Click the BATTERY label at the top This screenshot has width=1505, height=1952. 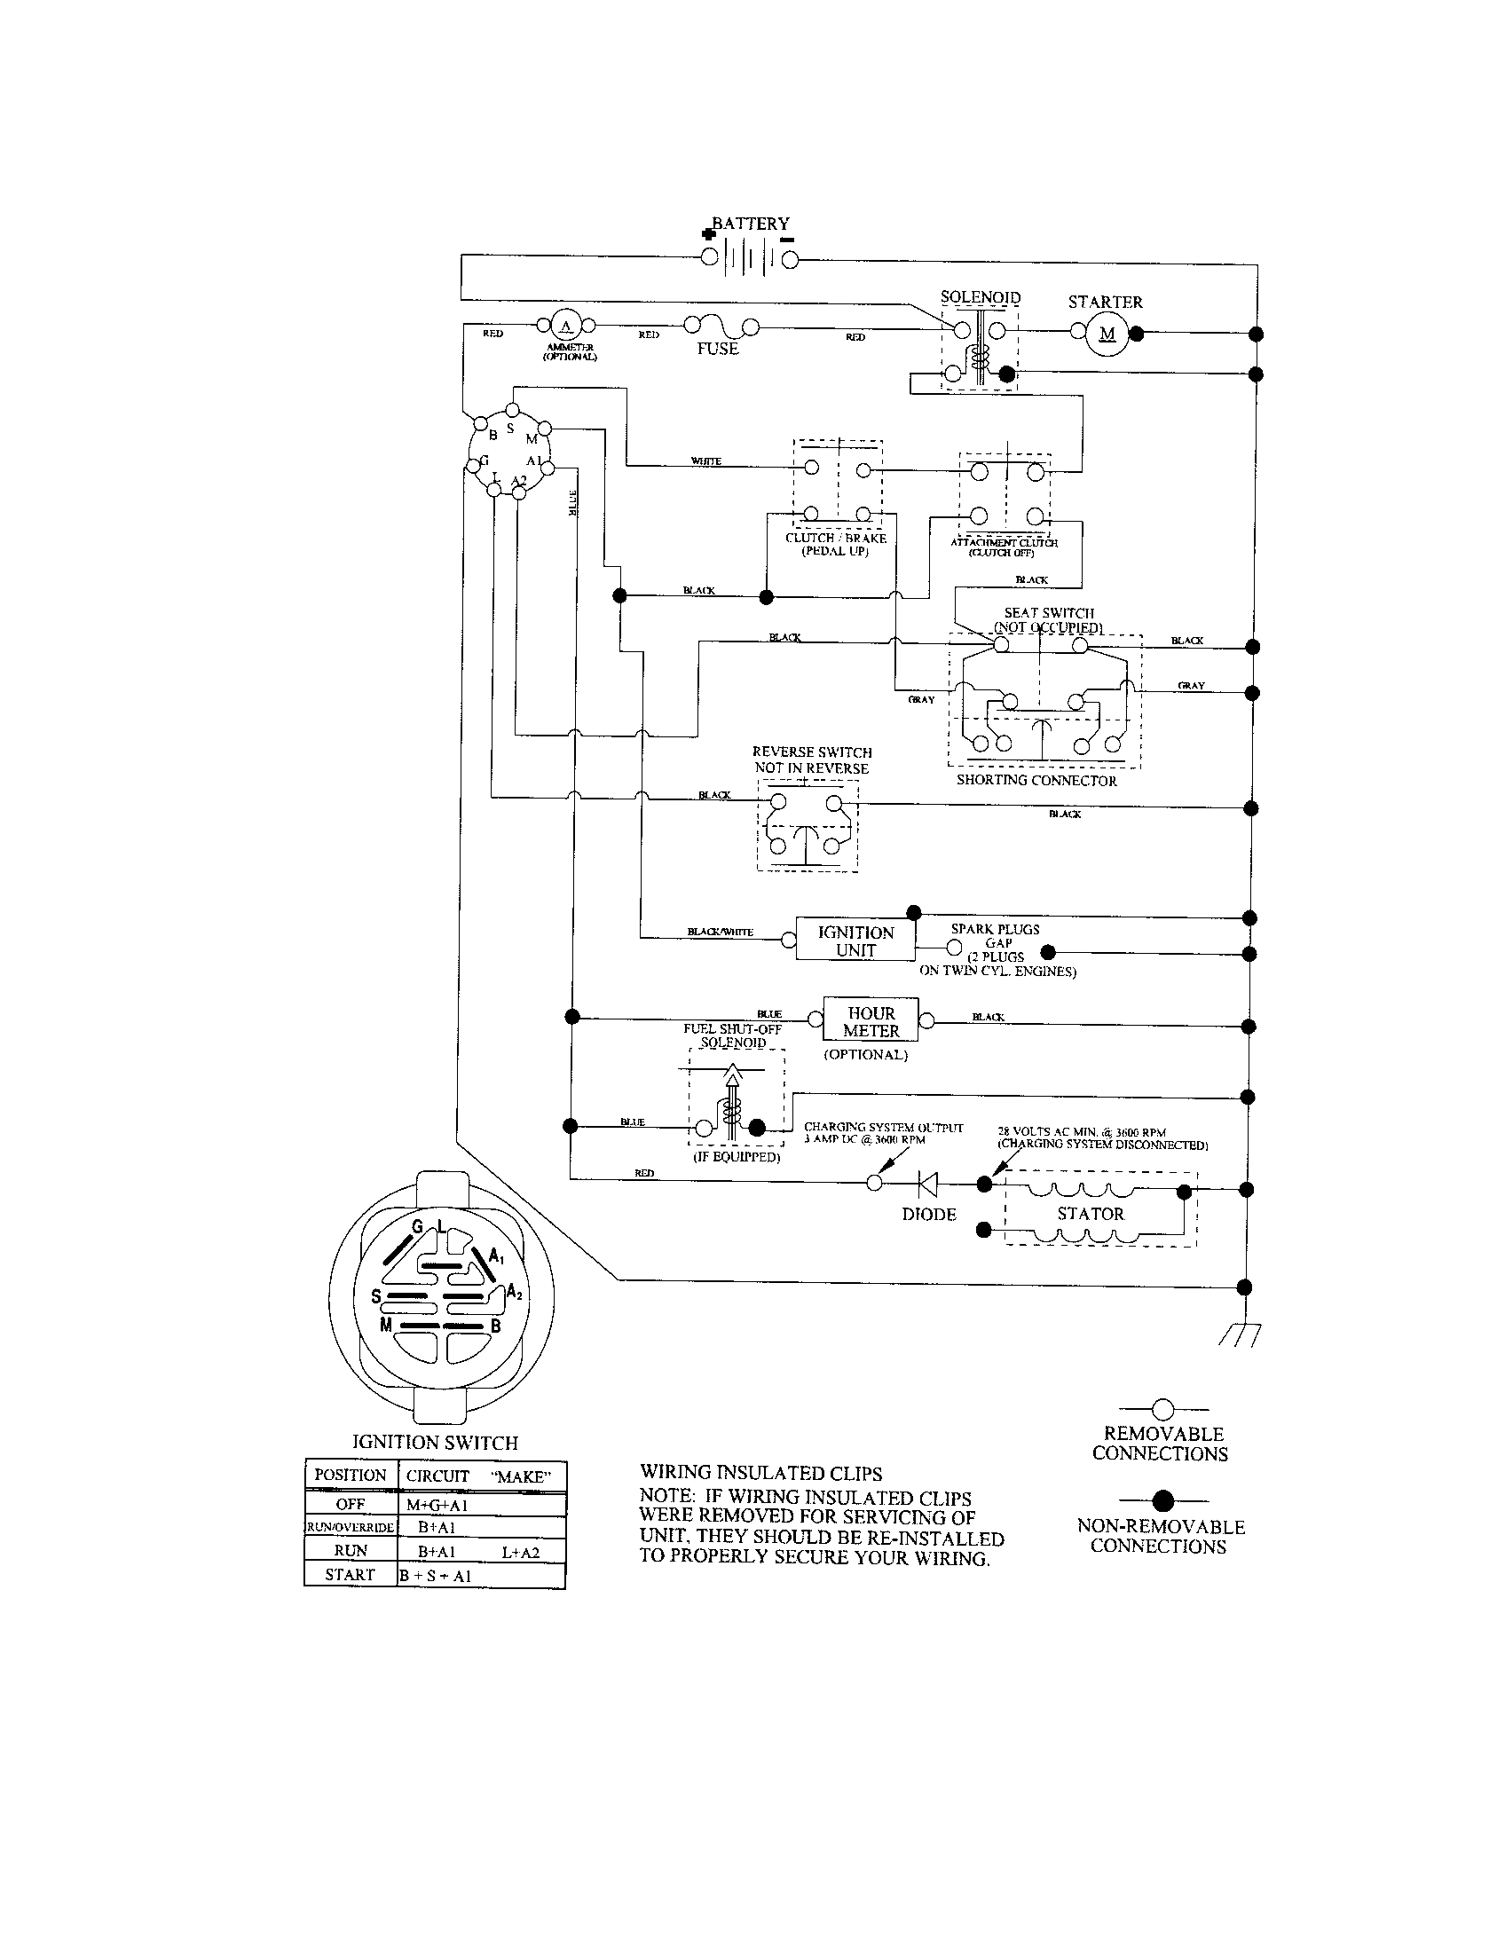click(x=751, y=224)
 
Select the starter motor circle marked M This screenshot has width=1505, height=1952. click(x=1107, y=335)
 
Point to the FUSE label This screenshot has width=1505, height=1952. click(x=718, y=350)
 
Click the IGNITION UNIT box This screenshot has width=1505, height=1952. click(x=855, y=941)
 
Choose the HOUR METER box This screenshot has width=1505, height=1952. click(x=871, y=1021)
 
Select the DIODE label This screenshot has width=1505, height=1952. click(x=928, y=1215)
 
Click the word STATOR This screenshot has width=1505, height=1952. click(x=1091, y=1214)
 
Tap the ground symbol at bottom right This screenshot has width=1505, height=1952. click(x=1240, y=1335)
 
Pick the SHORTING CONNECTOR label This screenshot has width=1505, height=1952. click(x=1036, y=780)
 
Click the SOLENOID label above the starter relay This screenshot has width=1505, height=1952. click(x=981, y=296)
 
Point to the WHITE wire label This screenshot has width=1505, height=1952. click(x=706, y=461)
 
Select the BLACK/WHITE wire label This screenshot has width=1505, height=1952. click(x=720, y=933)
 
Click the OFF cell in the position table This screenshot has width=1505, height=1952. click(x=351, y=1504)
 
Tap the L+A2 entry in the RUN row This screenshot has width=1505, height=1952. click(x=520, y=1553)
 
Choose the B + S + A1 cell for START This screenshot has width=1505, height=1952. click(x=435, y=1576)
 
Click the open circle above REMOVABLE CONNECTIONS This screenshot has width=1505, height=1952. click(x=1162, y=1410)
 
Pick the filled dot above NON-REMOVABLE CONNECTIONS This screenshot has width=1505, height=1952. click(x=1162, y=1500)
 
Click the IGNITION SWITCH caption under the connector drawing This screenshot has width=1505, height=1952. click(x=435, y=1443)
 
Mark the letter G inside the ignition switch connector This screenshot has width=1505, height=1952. click(x=416, y=1227)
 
